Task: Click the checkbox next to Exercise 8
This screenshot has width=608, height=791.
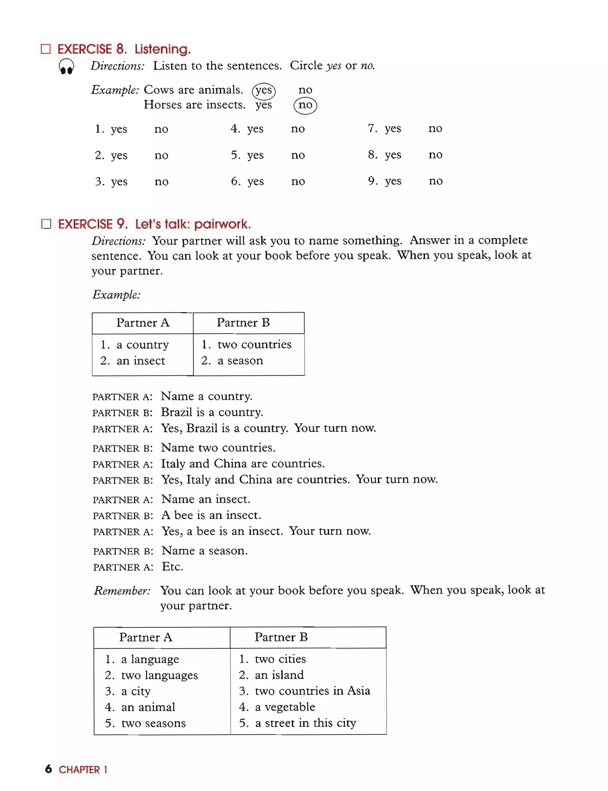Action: click(46, 49)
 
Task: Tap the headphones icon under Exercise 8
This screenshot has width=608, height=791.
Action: click(66, 66)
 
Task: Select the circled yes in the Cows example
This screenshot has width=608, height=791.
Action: click(263, 90)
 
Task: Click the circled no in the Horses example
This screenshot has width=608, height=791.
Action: click(305, 105)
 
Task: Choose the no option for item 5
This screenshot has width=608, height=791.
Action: click(298, 155)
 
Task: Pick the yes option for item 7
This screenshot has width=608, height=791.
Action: click(393, 129)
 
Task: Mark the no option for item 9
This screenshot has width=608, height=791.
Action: click(436, 181)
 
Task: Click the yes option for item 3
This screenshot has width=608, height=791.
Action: click(119, 182)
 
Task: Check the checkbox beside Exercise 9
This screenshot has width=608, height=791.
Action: click(46, 224)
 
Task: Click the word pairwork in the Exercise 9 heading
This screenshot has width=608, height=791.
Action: click(222, 224)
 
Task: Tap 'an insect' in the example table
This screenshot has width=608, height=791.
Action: click(140, 361)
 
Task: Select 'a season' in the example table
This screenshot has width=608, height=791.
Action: click(240, 360)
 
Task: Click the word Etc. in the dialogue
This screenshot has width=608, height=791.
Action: click(172, 567)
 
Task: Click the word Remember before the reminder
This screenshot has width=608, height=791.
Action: click(122, 591)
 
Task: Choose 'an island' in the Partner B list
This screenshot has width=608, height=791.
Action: click(279, 675)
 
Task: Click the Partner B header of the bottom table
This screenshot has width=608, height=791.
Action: click(281, 637)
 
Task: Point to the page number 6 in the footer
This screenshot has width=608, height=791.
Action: click(48, 769)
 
